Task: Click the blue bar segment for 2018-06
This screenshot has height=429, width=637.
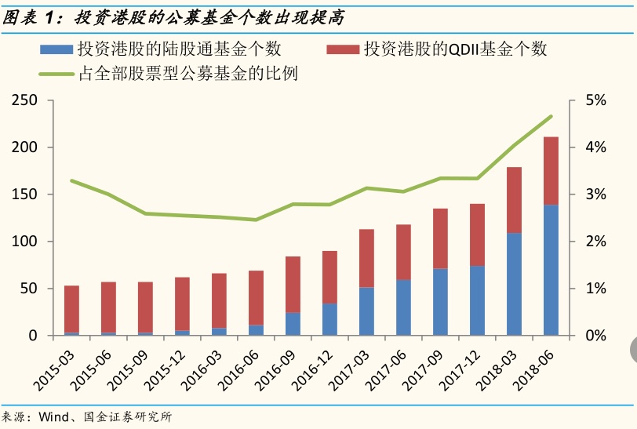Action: (x=551, y=271)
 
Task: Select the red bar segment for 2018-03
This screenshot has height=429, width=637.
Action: (x=515, y=200)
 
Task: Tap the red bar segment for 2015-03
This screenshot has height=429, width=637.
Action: (x=71, y=309)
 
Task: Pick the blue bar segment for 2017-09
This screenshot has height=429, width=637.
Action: (x=441, y=302)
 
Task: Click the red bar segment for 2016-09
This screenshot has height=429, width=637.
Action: (x=293, y=284)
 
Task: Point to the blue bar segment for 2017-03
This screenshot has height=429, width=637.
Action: (x=366, y=311)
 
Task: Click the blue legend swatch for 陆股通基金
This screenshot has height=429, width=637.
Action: (x=56, y=49)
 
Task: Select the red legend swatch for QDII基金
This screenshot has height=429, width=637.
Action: (x=343, y=49)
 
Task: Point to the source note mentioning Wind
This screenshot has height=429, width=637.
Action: (x=86, y=417)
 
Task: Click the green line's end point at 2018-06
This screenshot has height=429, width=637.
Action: (x=551, y=116)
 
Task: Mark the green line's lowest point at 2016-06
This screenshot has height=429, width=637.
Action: (x=256, y=220)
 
